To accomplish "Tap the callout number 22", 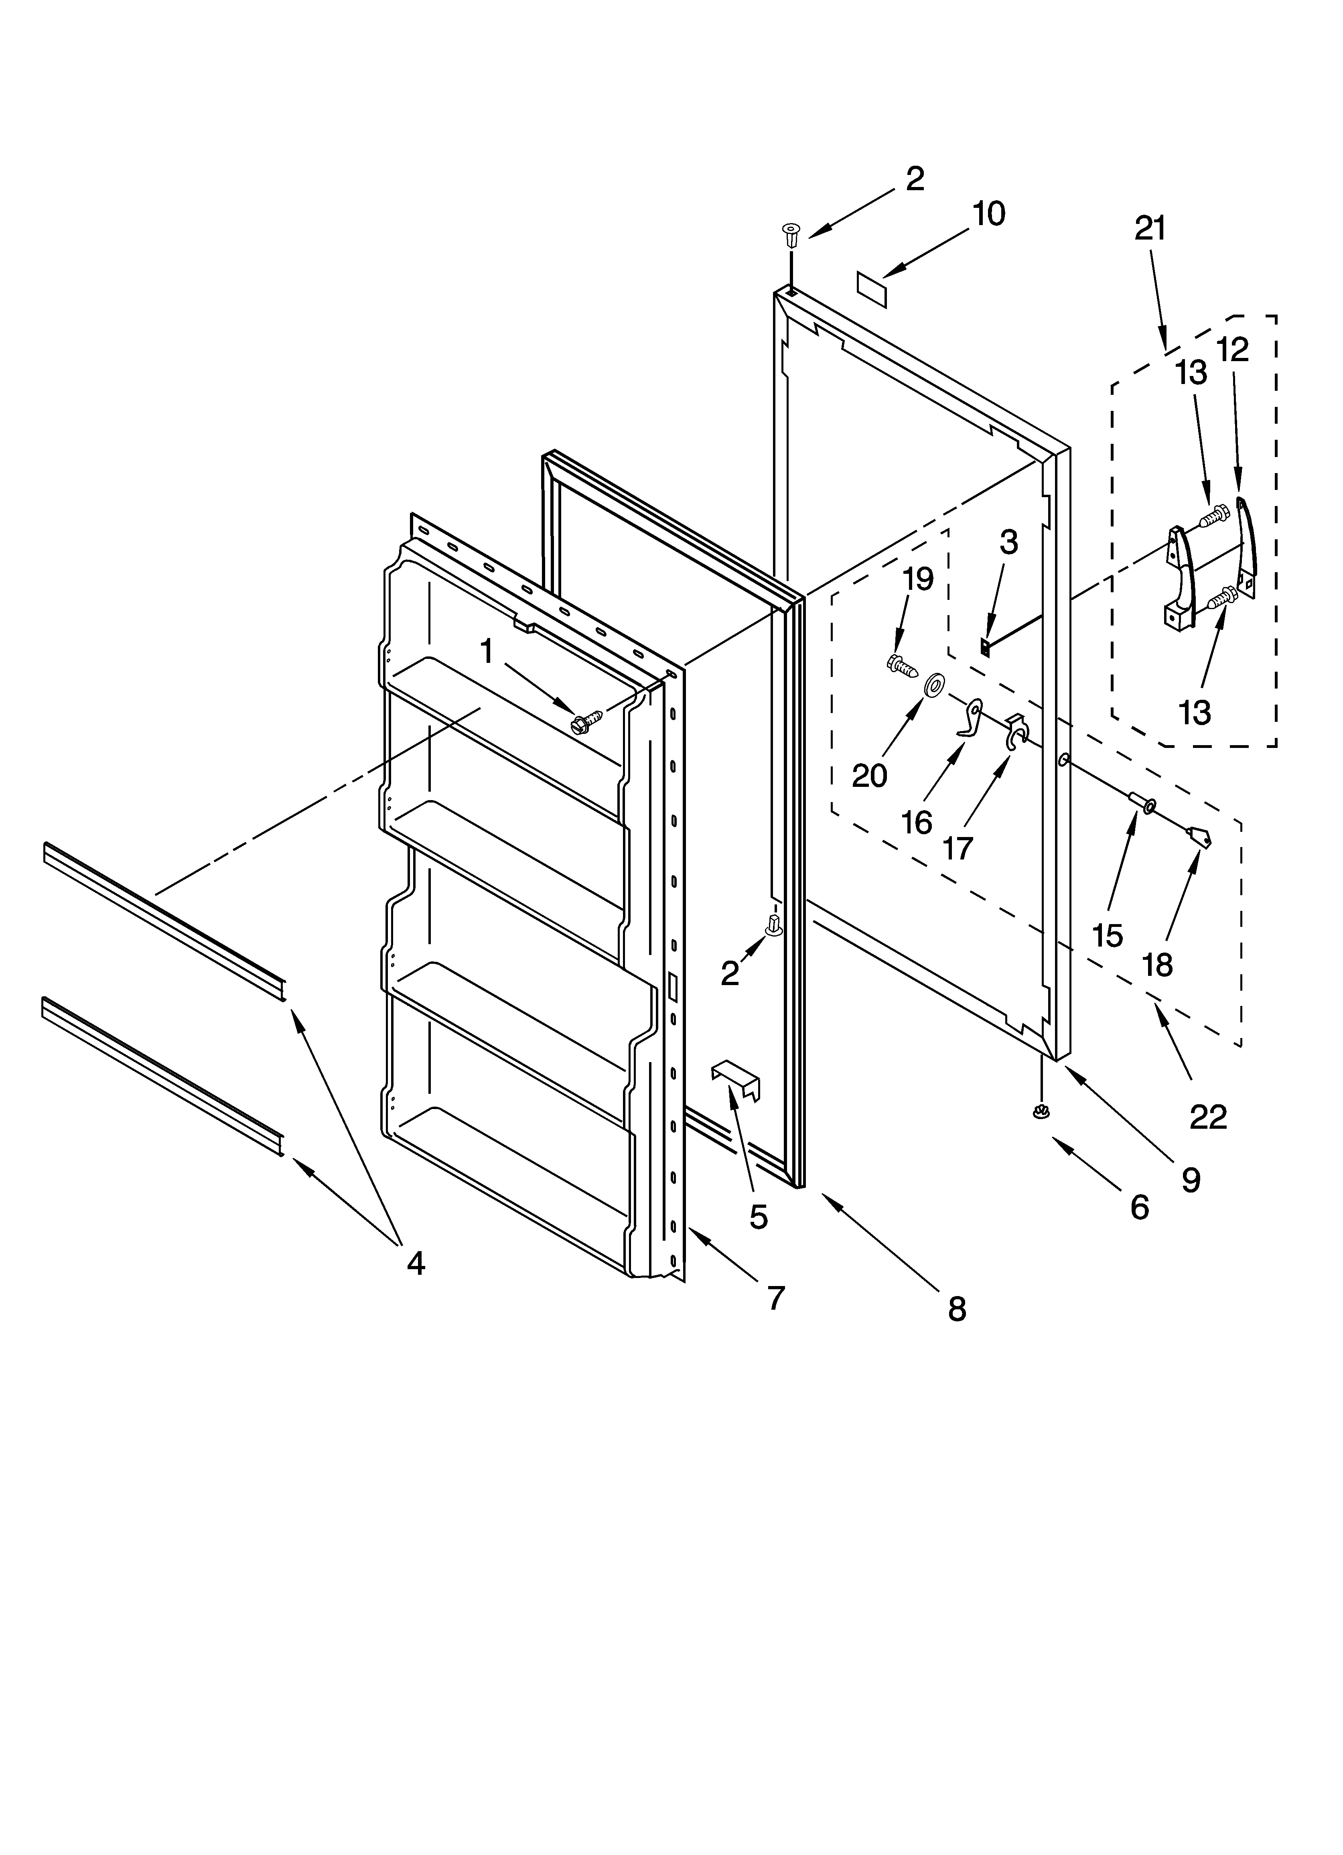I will [1208, 1116].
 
